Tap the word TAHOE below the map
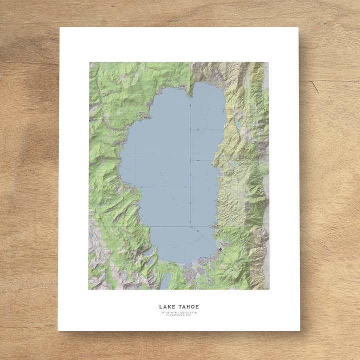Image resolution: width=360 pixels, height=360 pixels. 187,306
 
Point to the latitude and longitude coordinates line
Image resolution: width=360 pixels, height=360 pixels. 179,312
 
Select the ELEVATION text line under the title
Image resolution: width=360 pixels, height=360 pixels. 179,315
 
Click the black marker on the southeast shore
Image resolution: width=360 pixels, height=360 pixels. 220,248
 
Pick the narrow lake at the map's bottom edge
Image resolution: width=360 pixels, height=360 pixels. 165,281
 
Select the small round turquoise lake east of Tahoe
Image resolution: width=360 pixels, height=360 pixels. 233,163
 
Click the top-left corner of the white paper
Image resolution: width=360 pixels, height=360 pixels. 60,27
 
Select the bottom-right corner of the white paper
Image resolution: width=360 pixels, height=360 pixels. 299,330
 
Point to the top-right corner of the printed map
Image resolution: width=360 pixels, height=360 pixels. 268,62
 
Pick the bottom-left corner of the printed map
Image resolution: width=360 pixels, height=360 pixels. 89,289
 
